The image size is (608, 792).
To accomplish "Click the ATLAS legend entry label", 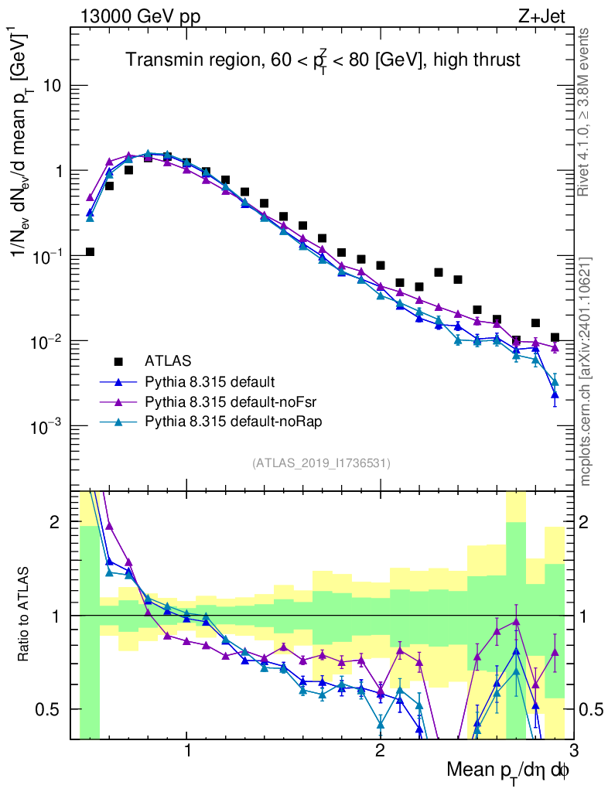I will click(167, 360).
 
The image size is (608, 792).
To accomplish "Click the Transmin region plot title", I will click(323, 60).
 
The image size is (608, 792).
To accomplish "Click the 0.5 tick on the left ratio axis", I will click(52, 709).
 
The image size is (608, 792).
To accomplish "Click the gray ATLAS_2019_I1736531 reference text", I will click(321, 463).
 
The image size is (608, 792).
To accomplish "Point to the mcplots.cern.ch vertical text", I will click(586, 371).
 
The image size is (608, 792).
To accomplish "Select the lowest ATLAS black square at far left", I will click(90, 252).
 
